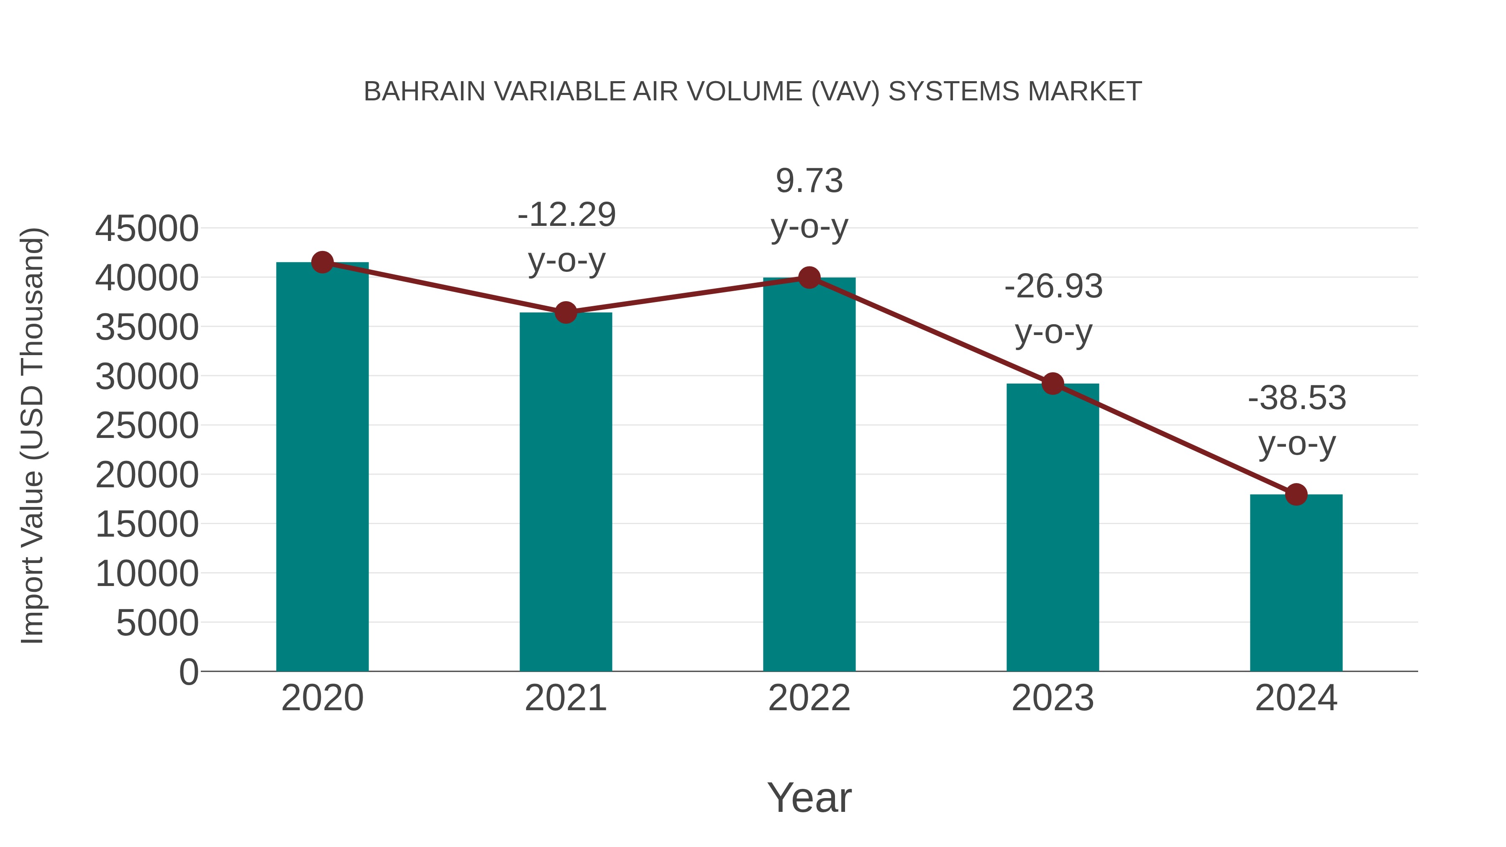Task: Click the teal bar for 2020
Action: [322, 468]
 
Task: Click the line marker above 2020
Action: [322, 262]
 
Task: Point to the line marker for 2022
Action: [809, 278]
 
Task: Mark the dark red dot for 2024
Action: [1296, 494]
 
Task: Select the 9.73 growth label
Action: [809, 203]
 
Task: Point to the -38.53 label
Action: [1297, 420]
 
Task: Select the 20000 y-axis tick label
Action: [147, 475]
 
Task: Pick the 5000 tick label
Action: [157, 623]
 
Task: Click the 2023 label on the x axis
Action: [1053, 698]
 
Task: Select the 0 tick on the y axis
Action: [188, 672]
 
